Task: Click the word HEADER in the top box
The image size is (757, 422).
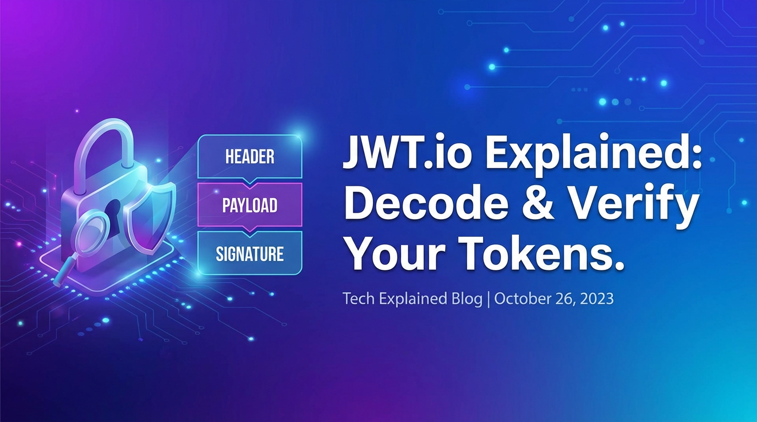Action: coord(250,157)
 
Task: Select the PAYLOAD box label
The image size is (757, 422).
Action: coord(250,206)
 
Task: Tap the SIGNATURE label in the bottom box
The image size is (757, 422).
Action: coord(250,254)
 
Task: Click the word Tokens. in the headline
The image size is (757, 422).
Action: coord(542,254)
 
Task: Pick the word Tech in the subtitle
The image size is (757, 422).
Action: coord(356,299)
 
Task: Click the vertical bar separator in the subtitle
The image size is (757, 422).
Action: coord(489,299)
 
